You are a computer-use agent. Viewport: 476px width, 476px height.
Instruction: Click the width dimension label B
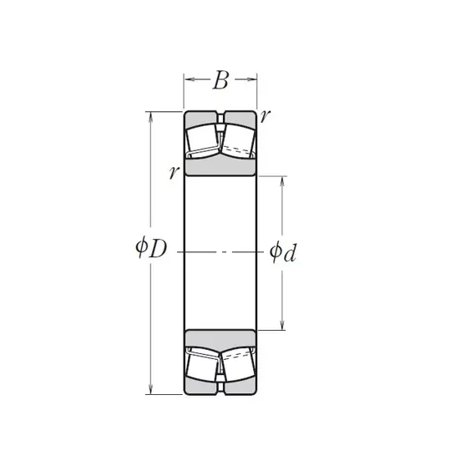tap(220, 80)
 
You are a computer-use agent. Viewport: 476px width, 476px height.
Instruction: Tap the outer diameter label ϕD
tap(151, 248)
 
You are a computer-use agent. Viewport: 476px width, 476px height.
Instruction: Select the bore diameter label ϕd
tap(282, 252)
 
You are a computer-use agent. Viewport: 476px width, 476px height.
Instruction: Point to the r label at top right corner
tap(265, 116)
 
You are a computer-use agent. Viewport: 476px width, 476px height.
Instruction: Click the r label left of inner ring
tap(174, 172)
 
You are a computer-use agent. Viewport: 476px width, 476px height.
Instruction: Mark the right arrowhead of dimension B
tap(251, 79)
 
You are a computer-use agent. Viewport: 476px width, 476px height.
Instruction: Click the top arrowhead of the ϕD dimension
tap(150, 117)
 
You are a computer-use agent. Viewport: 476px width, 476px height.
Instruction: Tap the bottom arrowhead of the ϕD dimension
tap(150, 389)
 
